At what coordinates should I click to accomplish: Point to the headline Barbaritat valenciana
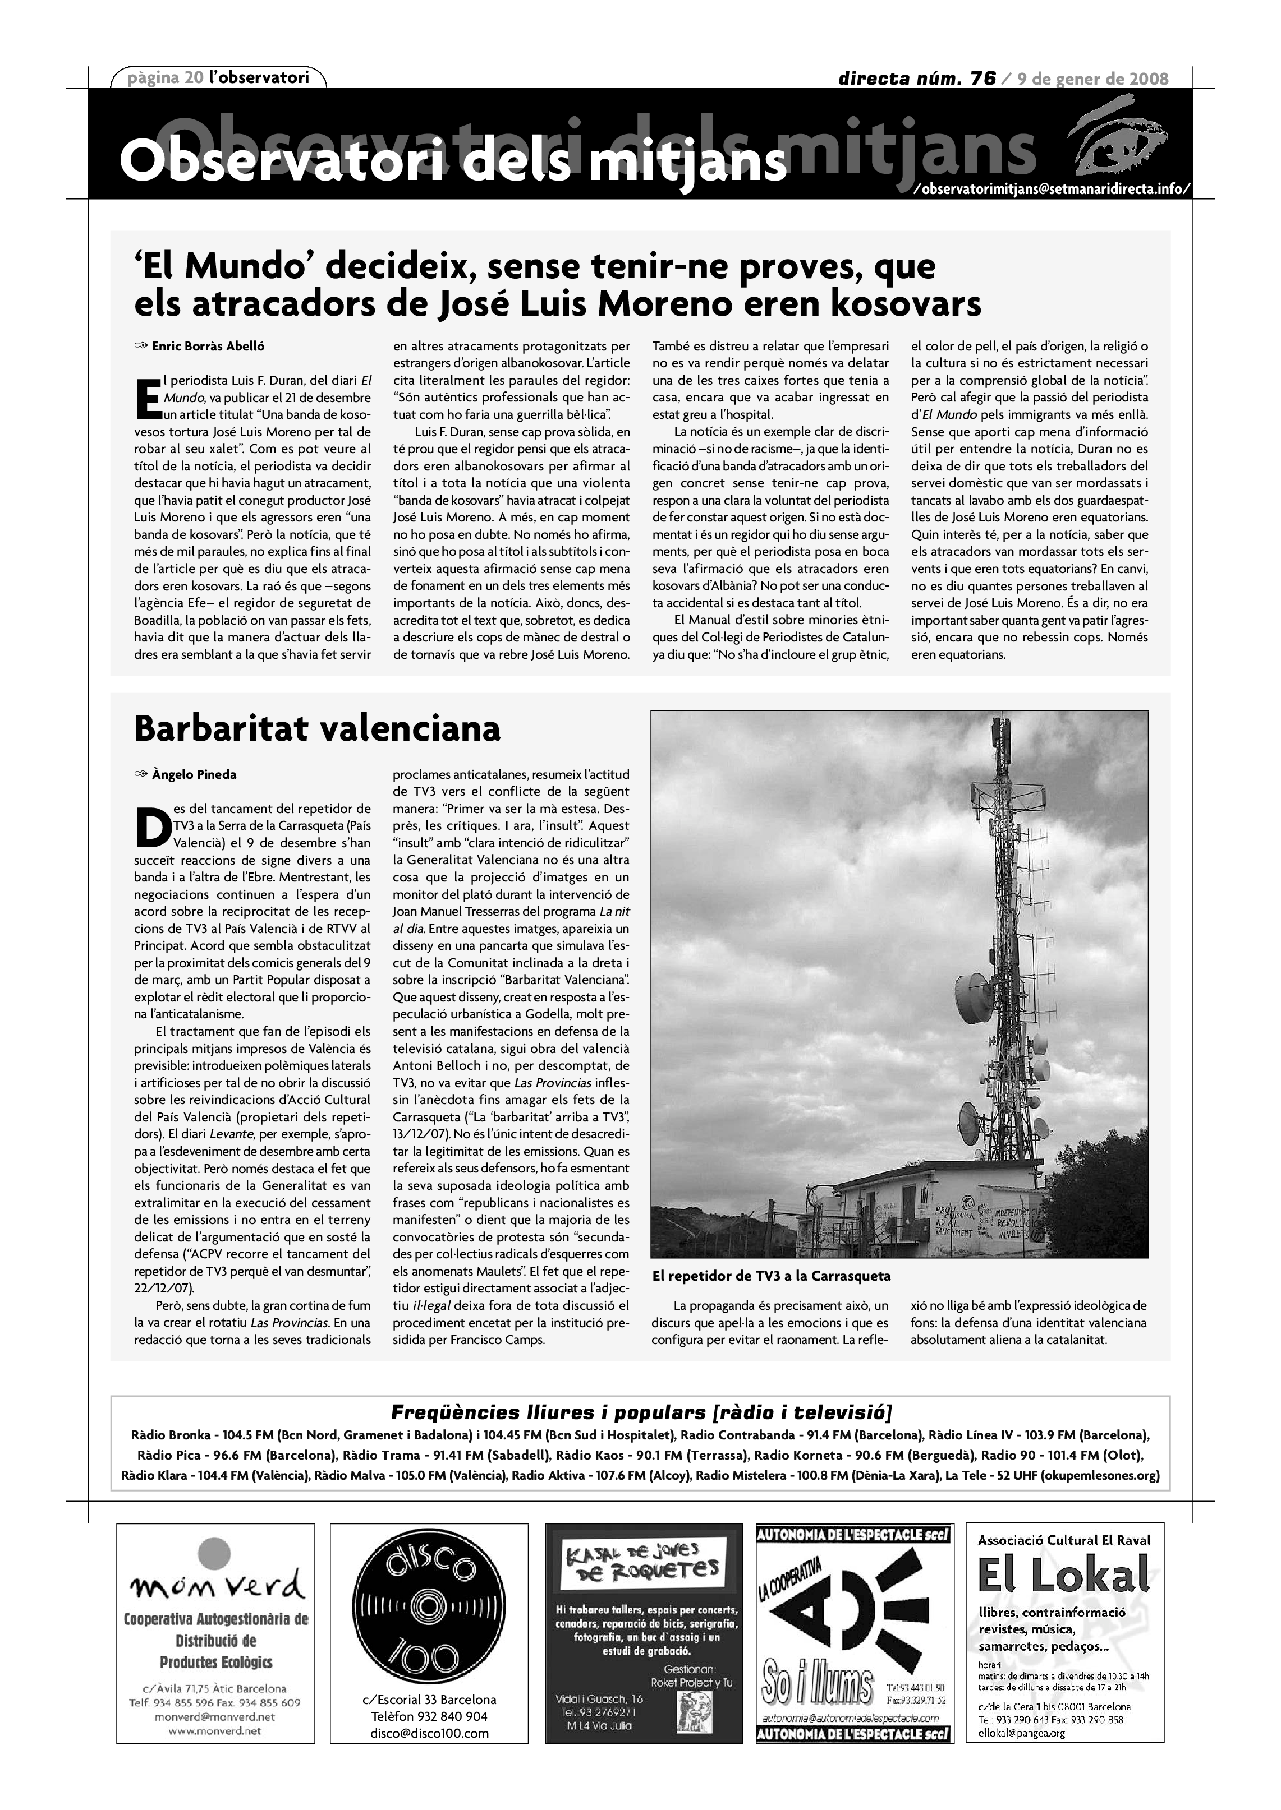click(x=317, y=728)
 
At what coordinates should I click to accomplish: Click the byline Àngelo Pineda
click(x=194, y=774)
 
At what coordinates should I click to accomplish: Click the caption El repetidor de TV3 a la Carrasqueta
click(x=770, y=1276)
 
